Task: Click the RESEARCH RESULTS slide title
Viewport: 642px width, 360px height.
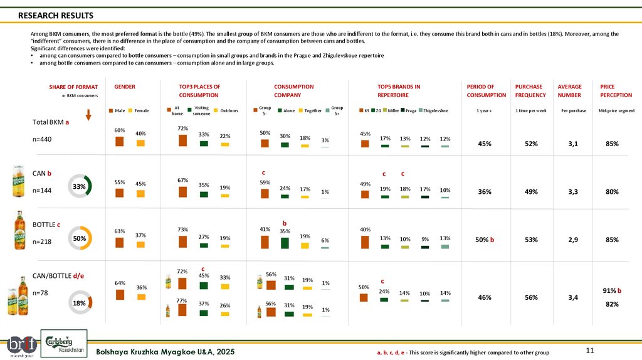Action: pyautogui.click(x=55, y=15)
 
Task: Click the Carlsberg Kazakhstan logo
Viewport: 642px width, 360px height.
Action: pyautogui.click(x=60, y=343)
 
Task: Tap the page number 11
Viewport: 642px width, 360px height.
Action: pyautogui.click(x=589, y=349)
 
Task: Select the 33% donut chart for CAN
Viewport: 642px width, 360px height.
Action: pyautogui.click(x=80, y=186)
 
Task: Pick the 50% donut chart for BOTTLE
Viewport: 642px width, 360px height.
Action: pyautogui.click(x=80, y=238)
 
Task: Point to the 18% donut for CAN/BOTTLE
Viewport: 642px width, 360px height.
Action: pyautogui.click(x=80, y=302)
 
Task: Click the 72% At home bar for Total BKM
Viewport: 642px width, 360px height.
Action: pyautogui.click(x=183, y=140)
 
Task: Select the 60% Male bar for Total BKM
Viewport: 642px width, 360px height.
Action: pyautogui.click(x=119, y=142)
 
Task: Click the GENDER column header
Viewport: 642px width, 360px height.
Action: pyautogui.click(x=125, y=87)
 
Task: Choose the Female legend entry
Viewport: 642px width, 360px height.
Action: pyautogui.click(x=138, y=110)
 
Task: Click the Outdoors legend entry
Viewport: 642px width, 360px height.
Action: pyautogui.click(x=225, y=110)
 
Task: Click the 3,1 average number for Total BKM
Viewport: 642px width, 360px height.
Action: pyautogui.click(x=573, y=144)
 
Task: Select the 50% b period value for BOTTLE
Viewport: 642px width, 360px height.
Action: pyautogui.click(x=486, y=240)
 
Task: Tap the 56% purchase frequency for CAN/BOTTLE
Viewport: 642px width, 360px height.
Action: pyautogui.click(x=531, y=298)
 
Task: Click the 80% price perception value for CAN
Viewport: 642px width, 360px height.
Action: pyautogui.click(x=613, y=192)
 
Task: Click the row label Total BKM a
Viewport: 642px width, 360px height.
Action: pyautogui.click(x=50, y=122)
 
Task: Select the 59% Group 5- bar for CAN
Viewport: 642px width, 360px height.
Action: pyautogui.click(x=265, y=193)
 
